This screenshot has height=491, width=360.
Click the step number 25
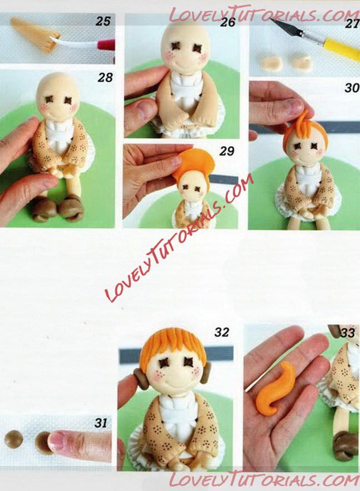(x=103, y=21)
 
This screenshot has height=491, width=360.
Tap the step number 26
(x=227, y=22)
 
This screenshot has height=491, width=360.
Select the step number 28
(x=105, y=77)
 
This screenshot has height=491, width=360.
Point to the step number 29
(x=227, y=151)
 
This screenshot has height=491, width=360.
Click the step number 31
(x=101, y=423)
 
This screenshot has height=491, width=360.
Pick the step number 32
(x=222, y=332)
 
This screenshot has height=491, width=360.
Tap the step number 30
(x=352, y=88)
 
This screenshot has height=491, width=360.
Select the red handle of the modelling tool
(x=106, y=45)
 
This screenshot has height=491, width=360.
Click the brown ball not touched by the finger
(x=14, y=439)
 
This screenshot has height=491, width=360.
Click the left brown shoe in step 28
(x=44, y=209)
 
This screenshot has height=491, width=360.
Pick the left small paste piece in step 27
(x=272, y=63)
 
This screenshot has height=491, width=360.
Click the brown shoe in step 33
(x=345, y=446)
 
